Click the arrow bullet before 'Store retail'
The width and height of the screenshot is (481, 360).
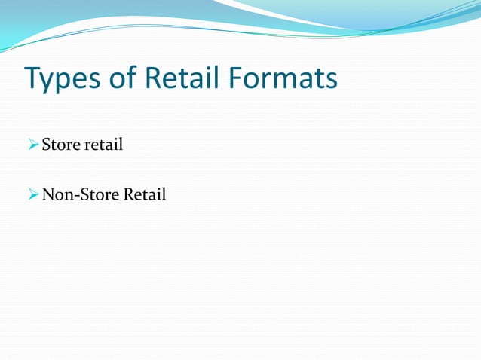tap(32, 144)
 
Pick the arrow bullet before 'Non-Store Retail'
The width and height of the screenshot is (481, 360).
tap(32, 195)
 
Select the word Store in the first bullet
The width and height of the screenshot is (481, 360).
tap(60, 144)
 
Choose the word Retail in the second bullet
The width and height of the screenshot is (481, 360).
tap(144, 195)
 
